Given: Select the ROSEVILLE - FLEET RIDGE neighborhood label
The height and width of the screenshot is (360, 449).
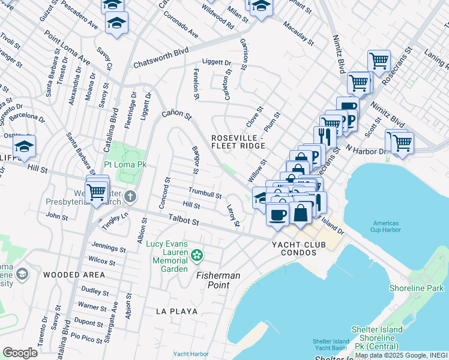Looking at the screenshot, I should (x=238, y=142).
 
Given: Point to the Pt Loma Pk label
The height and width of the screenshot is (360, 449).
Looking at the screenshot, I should (x=125, y=164).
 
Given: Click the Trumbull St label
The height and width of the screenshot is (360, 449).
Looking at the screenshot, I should (x=205, y=194).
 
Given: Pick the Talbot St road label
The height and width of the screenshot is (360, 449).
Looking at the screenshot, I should (x=183, y=221).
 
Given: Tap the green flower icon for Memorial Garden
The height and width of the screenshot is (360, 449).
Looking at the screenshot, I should (x=196, y=257).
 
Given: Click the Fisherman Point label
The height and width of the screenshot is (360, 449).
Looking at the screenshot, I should (x=218, y=280).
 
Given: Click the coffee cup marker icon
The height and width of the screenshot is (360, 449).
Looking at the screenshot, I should (x=277, y=214).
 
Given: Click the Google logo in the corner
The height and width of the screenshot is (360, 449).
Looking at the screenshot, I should (x=20, y=352).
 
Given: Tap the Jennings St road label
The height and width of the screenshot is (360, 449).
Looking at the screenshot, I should (x=108, y=247).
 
